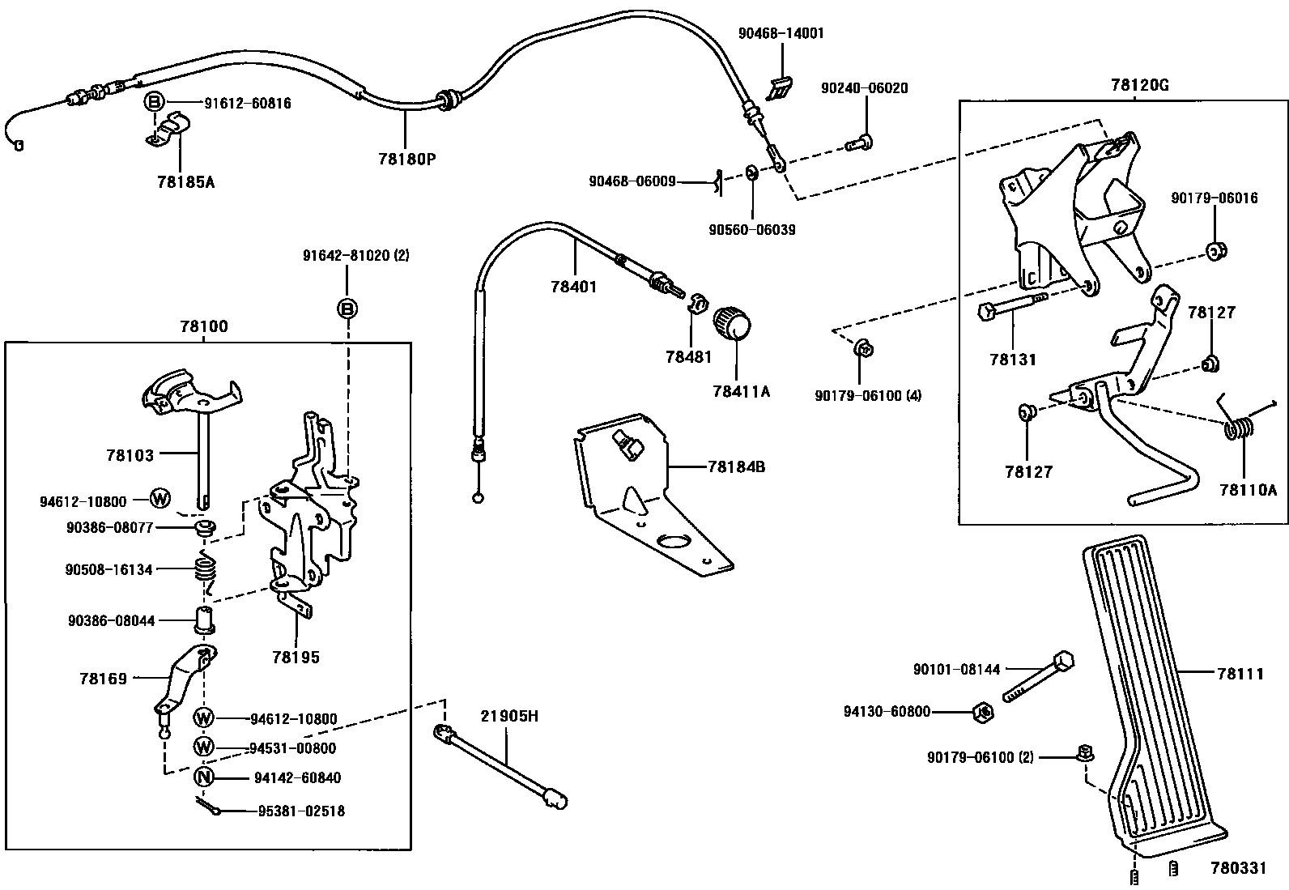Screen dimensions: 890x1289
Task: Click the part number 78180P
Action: click(406, 159)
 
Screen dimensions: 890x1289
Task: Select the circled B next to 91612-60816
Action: click(155, 102)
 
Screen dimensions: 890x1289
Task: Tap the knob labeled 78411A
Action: click(732, 323)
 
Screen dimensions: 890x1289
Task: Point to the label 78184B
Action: click(736, 466)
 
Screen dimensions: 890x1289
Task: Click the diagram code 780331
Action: click(1237, 868)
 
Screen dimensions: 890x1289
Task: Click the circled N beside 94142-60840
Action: click(204, 777)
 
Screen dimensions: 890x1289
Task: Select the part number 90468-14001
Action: click(781, 33)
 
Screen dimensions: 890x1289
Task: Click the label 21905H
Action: click(508, 716)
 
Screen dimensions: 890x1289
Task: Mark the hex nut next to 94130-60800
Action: click(982, 713)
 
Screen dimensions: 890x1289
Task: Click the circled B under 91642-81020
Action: click(347, 309)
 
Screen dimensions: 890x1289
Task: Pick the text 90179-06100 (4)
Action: click(868, 395)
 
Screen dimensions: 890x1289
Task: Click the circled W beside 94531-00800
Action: click(204, 747)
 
